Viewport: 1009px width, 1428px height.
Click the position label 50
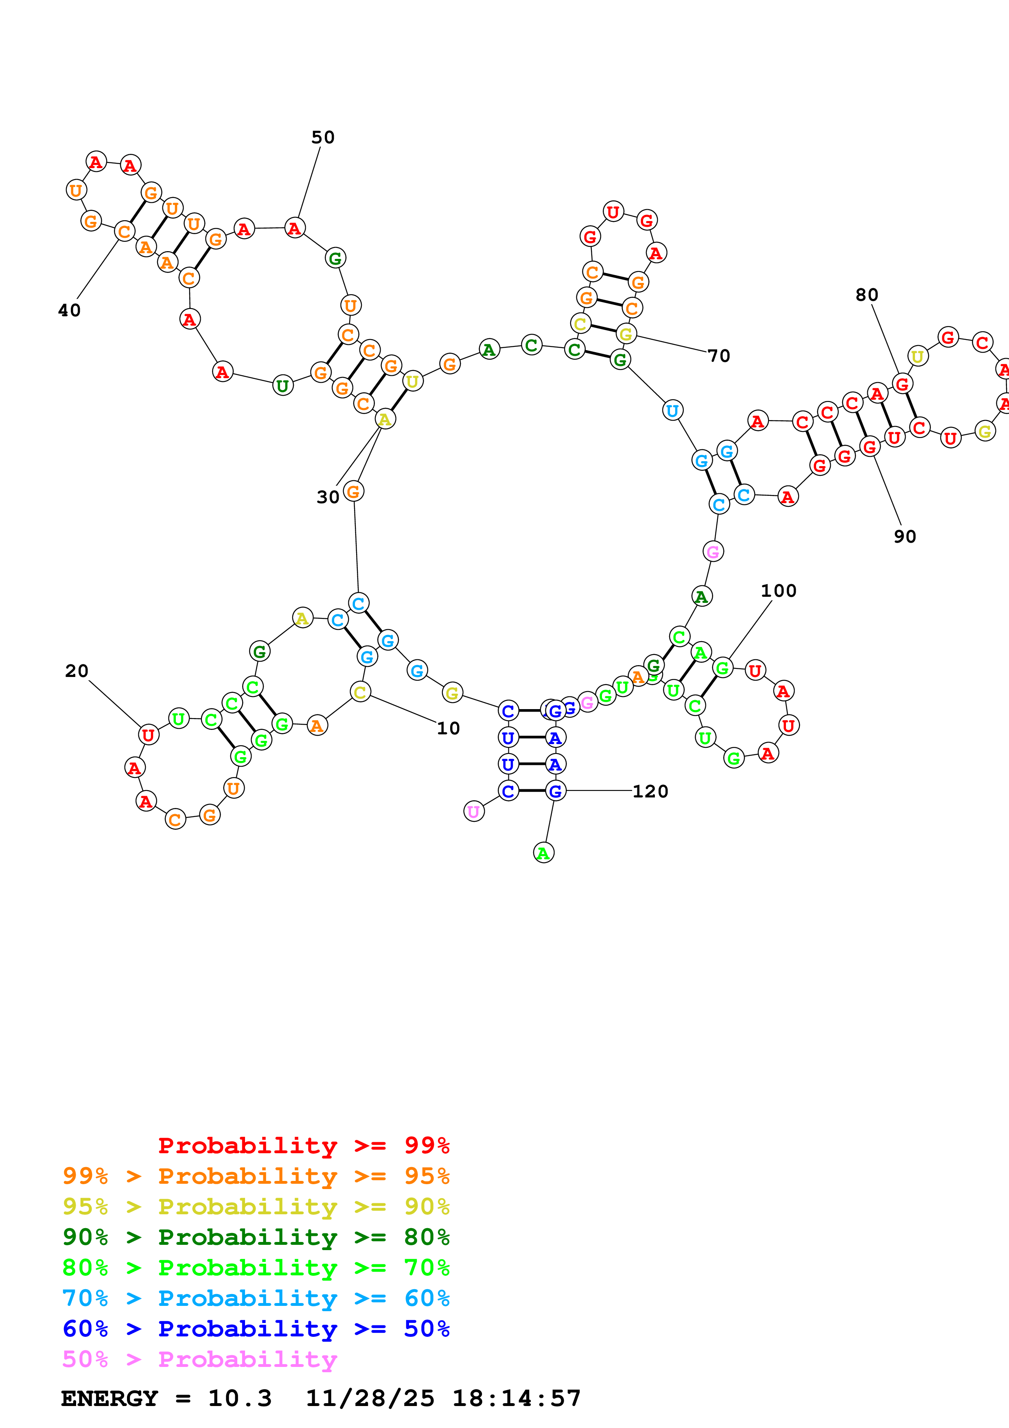pos(323,138)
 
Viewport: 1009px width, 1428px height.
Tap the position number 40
pos(70,310)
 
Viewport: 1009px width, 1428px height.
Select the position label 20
pos(77,671)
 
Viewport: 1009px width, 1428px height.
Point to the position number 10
pos(448,728)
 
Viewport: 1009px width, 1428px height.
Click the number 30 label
pos(328,497)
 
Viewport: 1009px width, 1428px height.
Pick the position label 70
pos(719,356)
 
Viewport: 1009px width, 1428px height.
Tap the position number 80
pos(867,295)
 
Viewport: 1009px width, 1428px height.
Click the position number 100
pos(778,590)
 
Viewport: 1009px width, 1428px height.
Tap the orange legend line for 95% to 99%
pos(256,1176)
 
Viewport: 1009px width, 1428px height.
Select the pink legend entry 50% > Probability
pos(199,1359)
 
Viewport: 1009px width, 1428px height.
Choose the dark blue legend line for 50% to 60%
pos(256,1329)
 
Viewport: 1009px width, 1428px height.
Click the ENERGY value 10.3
pos(239,1398)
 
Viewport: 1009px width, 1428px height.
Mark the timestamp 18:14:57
pos(516,1398)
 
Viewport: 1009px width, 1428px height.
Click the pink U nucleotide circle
pos(474,811)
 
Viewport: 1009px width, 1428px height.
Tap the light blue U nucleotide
pos(672,410)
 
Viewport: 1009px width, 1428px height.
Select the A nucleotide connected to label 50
pos(295,228)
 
